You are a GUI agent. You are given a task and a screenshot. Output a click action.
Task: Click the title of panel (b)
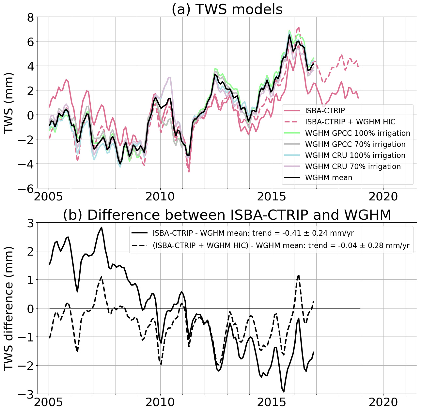(x=227, y=215)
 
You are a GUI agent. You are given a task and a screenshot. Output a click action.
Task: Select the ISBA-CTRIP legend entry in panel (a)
(x=325, y=111)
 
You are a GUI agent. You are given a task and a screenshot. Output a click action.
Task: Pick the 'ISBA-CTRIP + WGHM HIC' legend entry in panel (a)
(x=350, y=122)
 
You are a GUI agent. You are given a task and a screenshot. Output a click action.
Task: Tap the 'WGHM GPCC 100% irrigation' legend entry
(x=357, y=133)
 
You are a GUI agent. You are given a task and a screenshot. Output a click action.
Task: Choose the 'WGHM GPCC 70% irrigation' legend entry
(x=355, y=144)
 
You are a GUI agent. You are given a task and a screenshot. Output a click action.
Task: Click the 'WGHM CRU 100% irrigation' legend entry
(x=355, y=155)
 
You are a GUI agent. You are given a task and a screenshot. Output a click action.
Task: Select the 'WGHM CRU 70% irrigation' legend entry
(x=353, y=166)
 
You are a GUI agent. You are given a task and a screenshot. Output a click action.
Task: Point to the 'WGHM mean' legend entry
(x=329, y=178)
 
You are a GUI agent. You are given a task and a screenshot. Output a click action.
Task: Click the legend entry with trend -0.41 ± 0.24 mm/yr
(x=253, y=233)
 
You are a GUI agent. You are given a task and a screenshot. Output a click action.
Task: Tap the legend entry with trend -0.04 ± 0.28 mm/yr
(x=281, y=246)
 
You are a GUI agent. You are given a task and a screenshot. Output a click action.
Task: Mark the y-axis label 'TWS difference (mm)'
(x=9, y=308)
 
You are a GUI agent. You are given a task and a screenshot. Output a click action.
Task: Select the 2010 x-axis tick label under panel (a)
(x=160, y=197)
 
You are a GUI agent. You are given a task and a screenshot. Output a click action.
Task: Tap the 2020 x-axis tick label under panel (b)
(x=383, y=402)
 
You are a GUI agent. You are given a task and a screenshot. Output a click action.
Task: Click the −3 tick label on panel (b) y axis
(x=26, y=394)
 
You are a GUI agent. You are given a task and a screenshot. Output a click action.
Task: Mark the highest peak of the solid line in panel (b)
(x=101, y=228)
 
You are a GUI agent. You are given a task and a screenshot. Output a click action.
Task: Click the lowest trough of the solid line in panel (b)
(x=284, y=392)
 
